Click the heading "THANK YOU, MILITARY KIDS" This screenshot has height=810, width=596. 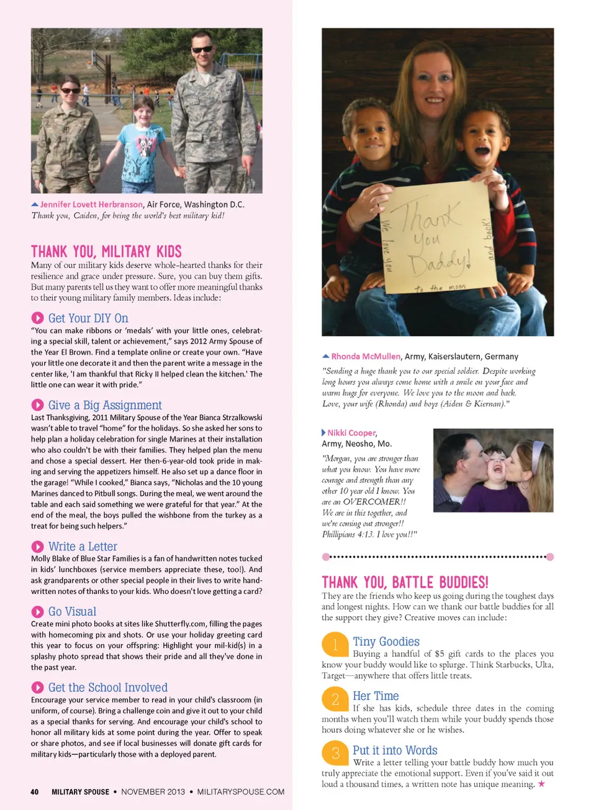click(x=106, y=251)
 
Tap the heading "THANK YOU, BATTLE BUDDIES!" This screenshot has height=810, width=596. click(x=405, y=582)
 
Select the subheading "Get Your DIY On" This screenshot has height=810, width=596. click(x=88, y=318)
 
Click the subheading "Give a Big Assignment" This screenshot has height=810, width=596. click(x=105, y=405)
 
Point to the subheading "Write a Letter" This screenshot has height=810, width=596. click(x=83, y=547)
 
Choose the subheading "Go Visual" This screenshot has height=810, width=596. click(x=72, y=612)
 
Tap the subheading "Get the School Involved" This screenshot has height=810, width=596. click(x=108, y=688)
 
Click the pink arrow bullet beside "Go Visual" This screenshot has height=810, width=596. click(x=37, y=612)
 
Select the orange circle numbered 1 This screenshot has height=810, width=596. click(x=335, y=644)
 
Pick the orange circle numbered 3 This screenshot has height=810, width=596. click(x=335, y=753)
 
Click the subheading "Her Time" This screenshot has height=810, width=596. click(x=376, y=696)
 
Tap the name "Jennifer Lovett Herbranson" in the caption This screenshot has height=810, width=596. click(x=91, y=204)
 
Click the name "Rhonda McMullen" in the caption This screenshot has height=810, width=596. click(x=366, y=356)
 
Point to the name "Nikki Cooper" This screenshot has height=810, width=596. click(x=351, y=433)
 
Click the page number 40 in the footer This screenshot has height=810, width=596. click(x=35, y=792)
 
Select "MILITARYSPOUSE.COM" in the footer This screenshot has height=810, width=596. click(x=241, y=792)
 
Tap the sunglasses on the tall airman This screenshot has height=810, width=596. click(x=202, y=50)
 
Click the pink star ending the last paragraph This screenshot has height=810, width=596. click(x=541, y=784)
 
